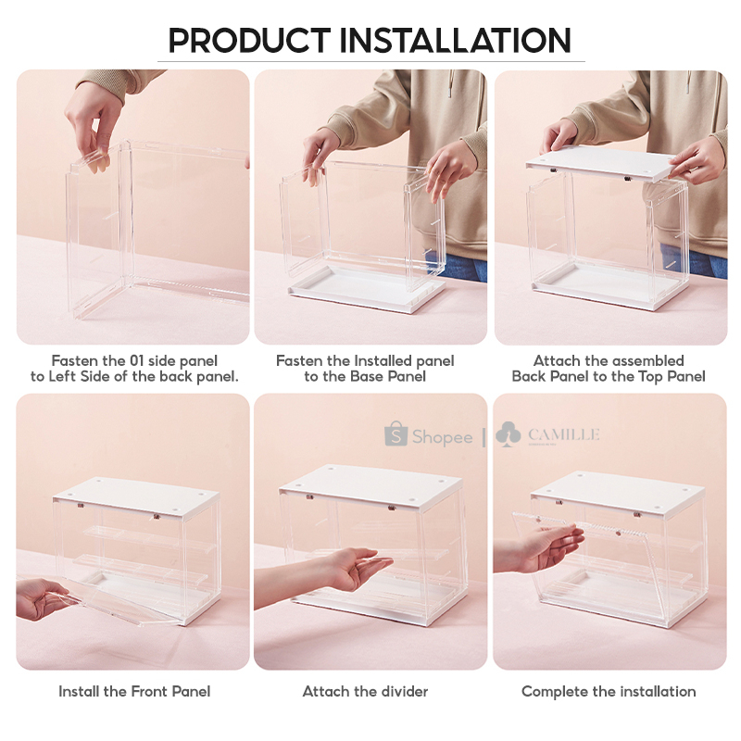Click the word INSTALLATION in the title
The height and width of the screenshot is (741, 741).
point(456,41)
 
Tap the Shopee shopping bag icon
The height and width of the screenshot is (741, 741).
point(396,434)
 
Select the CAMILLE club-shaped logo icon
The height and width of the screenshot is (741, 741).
point(509,434)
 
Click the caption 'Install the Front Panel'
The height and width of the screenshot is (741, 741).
point(134,691)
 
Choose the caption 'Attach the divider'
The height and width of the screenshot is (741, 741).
point(365,691)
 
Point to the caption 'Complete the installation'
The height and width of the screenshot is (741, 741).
point(609,691)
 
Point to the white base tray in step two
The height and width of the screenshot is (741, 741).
point(366,295)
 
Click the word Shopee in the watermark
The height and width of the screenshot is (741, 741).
point(442,437)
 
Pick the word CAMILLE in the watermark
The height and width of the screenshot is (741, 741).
point(563,434)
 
